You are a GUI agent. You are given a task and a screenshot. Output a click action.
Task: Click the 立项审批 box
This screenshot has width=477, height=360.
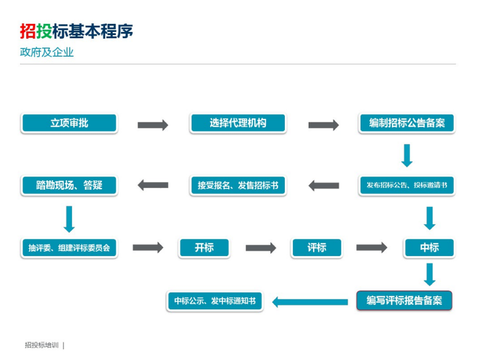pos(69,123)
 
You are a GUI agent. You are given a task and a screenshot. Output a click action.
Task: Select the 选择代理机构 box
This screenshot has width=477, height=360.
pos(238,123)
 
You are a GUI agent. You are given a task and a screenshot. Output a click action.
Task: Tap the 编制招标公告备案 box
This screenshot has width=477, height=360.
pos(406,123)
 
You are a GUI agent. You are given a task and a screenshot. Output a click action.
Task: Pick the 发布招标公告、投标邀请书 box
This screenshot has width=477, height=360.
pos(406,185)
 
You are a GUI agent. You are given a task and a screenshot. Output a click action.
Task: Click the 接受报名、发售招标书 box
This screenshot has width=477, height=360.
pos(238,185)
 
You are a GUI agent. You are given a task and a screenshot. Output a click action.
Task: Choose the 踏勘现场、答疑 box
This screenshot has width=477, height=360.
pos(69,185)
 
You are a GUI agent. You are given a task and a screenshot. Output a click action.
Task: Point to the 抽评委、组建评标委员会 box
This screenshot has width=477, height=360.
pos(69,248)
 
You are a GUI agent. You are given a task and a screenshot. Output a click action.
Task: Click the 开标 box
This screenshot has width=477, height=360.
pos(204,248)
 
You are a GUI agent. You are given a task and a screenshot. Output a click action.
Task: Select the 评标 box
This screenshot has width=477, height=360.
pos(316,248)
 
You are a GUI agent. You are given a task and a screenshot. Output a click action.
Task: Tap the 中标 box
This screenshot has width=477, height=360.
pos(429,248)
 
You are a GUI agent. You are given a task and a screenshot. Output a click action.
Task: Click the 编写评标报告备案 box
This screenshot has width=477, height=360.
pos(404,301)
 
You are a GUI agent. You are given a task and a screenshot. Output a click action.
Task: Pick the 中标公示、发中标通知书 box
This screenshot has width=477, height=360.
pos(215,301)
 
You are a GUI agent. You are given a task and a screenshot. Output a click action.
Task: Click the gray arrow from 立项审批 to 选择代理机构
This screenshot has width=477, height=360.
pos(153,125)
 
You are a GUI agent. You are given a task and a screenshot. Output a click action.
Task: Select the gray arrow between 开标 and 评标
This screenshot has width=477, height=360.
pos(260,248)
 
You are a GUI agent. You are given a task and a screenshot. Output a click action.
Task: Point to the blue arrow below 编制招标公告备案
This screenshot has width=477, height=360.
pos(407,155)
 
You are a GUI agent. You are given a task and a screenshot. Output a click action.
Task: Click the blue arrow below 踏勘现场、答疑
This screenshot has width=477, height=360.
pos(69,219)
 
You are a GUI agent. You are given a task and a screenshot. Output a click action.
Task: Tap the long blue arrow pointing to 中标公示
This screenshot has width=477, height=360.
pos(310,302)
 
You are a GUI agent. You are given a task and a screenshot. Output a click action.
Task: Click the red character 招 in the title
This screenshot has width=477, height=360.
pos(27,31)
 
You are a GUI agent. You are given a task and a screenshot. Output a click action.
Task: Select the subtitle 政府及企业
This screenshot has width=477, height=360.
pos(47,52)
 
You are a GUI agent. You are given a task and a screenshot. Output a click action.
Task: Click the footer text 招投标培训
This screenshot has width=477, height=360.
pos(41,345)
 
